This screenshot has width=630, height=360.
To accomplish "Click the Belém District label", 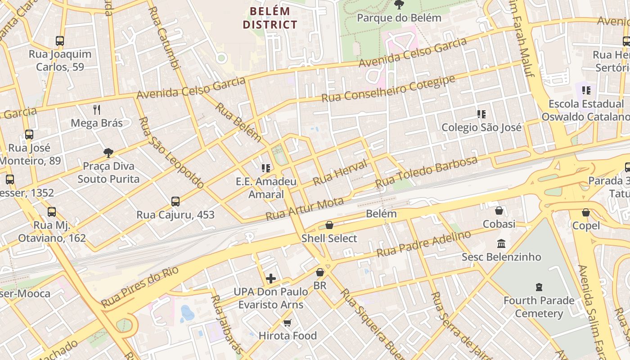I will [270, 18].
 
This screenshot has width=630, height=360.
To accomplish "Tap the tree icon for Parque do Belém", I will [399, 5].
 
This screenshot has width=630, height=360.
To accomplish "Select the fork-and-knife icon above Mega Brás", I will [97, 109].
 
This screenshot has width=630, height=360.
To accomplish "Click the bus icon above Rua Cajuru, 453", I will [175, 202].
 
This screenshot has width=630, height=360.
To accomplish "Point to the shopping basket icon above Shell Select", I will [329, 225].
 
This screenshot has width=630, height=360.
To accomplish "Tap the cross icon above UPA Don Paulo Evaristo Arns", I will [270, 279].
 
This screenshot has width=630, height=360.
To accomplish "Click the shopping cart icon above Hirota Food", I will [288, 323].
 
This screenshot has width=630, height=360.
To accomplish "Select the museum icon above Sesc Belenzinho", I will [501, 243].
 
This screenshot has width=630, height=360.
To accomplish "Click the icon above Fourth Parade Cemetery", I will [539, 287].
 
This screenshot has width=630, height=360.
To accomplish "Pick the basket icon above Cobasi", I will [499, 211].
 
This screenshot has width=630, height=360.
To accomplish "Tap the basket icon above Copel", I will [586, 212].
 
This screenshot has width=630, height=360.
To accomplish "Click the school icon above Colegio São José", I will [481, 114].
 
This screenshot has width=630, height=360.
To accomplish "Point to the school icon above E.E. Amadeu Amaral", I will [266, 168].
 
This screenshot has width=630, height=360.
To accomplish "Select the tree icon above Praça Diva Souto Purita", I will [108, 153].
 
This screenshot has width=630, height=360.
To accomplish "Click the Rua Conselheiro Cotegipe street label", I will [388, 89].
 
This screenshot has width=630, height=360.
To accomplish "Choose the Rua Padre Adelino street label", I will [423, 244].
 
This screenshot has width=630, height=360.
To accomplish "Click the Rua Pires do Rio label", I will [140, 287].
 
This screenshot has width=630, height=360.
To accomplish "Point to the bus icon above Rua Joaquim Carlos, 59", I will [60, 41].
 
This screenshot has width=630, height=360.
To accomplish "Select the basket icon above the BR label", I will [320, 272].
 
